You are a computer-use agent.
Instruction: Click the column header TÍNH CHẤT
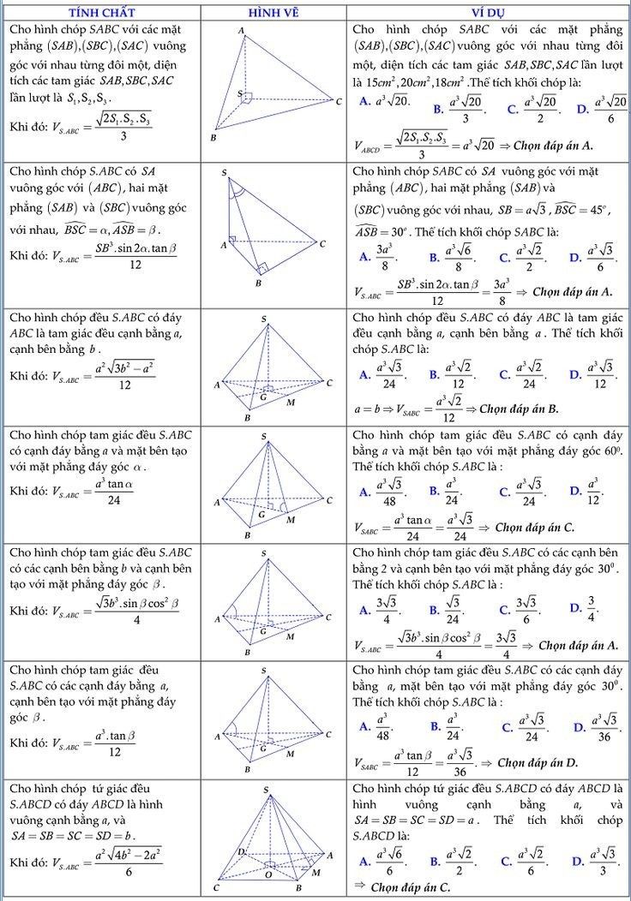(x=101, y=10)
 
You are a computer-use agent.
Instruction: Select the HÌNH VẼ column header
(x=273, y=10)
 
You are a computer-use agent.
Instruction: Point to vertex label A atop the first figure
(x=241, y=31)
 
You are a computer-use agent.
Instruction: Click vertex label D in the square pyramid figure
(x=241, y=852)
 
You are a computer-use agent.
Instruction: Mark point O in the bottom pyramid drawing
(x=268, y=874)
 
